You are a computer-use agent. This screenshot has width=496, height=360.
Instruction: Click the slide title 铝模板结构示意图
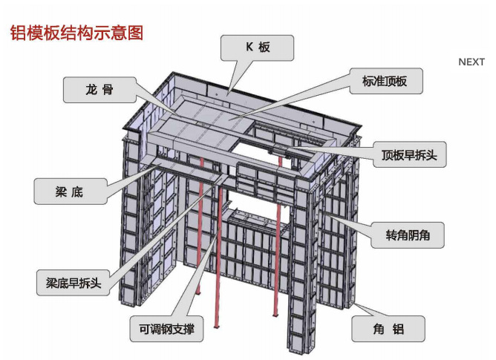point(75,32)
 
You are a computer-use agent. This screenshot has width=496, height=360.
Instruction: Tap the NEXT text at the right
point(471,62)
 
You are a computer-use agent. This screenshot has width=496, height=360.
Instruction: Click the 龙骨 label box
point(99,90)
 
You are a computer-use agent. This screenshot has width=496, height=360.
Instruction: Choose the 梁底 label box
point(68,191)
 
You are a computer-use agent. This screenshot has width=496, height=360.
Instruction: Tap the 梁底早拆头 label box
point(74,281)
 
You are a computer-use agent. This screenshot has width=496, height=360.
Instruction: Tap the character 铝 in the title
point(16,32)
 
